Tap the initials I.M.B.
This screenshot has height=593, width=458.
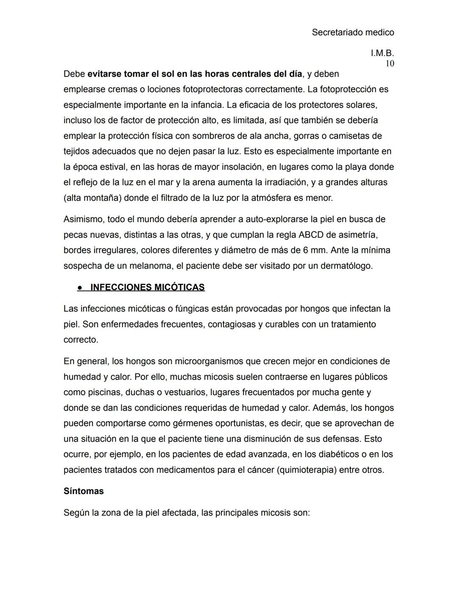[x=382, y=53]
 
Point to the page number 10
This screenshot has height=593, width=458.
[x=389, y=64]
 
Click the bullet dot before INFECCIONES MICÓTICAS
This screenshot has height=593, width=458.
[x=80, y=288]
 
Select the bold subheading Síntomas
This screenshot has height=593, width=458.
[x=84, y=491]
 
